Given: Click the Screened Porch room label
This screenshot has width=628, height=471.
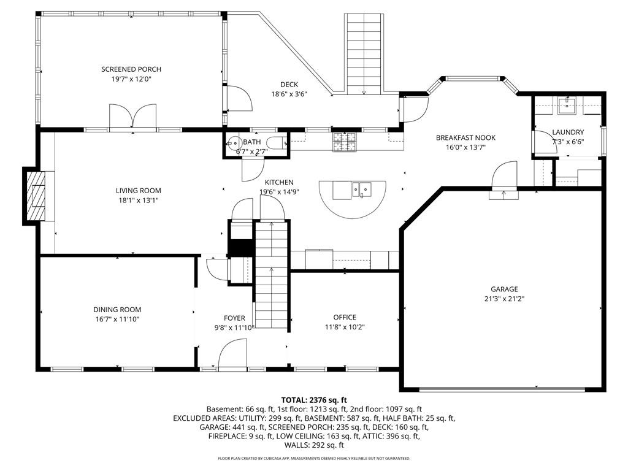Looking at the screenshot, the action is pos(131,69).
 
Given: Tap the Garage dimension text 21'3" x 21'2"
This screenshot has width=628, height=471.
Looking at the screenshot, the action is pos(504,299).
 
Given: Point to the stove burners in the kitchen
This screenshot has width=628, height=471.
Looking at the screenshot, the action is pos(344,142).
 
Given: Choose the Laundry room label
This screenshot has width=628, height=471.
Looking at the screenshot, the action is pos(568,132).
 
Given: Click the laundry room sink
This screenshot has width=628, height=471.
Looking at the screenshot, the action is pos(568,105).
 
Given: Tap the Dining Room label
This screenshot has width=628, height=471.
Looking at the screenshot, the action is pos(117,310).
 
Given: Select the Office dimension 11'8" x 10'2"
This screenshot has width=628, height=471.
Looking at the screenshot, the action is pos(345,327).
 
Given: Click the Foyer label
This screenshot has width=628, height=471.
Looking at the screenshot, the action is pos(234,318).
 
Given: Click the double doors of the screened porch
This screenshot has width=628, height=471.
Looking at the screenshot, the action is pos(132,116).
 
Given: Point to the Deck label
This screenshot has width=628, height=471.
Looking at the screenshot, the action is pos(289,85).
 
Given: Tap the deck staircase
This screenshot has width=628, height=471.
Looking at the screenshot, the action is pos(364,54).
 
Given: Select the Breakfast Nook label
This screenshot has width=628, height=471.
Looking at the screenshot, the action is pos(465,138).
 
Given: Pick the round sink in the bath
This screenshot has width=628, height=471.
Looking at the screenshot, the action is pos(233,142).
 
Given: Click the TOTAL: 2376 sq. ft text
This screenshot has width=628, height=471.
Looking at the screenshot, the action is pos(314,400).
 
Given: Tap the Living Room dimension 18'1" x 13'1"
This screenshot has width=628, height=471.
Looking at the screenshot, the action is pos(138,201).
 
